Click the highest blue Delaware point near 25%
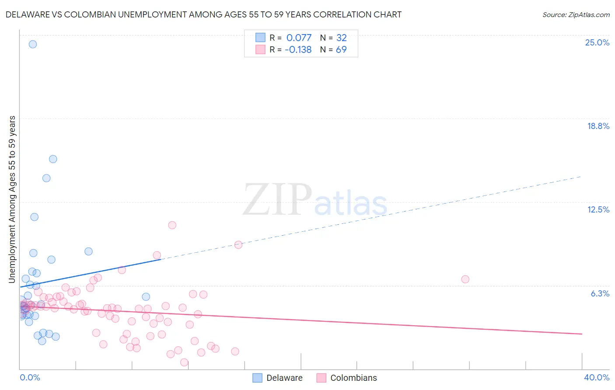(x=33, y=44)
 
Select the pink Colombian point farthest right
(x=465, y=279)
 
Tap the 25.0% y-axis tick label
(x=597, y=42)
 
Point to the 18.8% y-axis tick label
(x=598, y=126)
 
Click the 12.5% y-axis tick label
(x=598, y=209)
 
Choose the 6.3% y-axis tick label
(x=600, y=293)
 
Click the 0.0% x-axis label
(x=30, y=377)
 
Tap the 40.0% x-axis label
(x=596, y=377)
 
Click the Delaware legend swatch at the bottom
(x=258, y=378)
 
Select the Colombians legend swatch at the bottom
(x=321, y=378)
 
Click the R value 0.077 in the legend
(x=299, y=38)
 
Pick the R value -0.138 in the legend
(x=298, y=50)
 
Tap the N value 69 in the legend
(x=341, y=50)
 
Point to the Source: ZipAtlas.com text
(x=576, y=14)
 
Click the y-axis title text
(x=12, y=199)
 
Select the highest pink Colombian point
(x=172, y=225)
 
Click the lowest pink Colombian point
(x=184, y=362)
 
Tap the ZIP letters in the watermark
(x=277, y=200)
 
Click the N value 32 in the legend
(x=341, y=38)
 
